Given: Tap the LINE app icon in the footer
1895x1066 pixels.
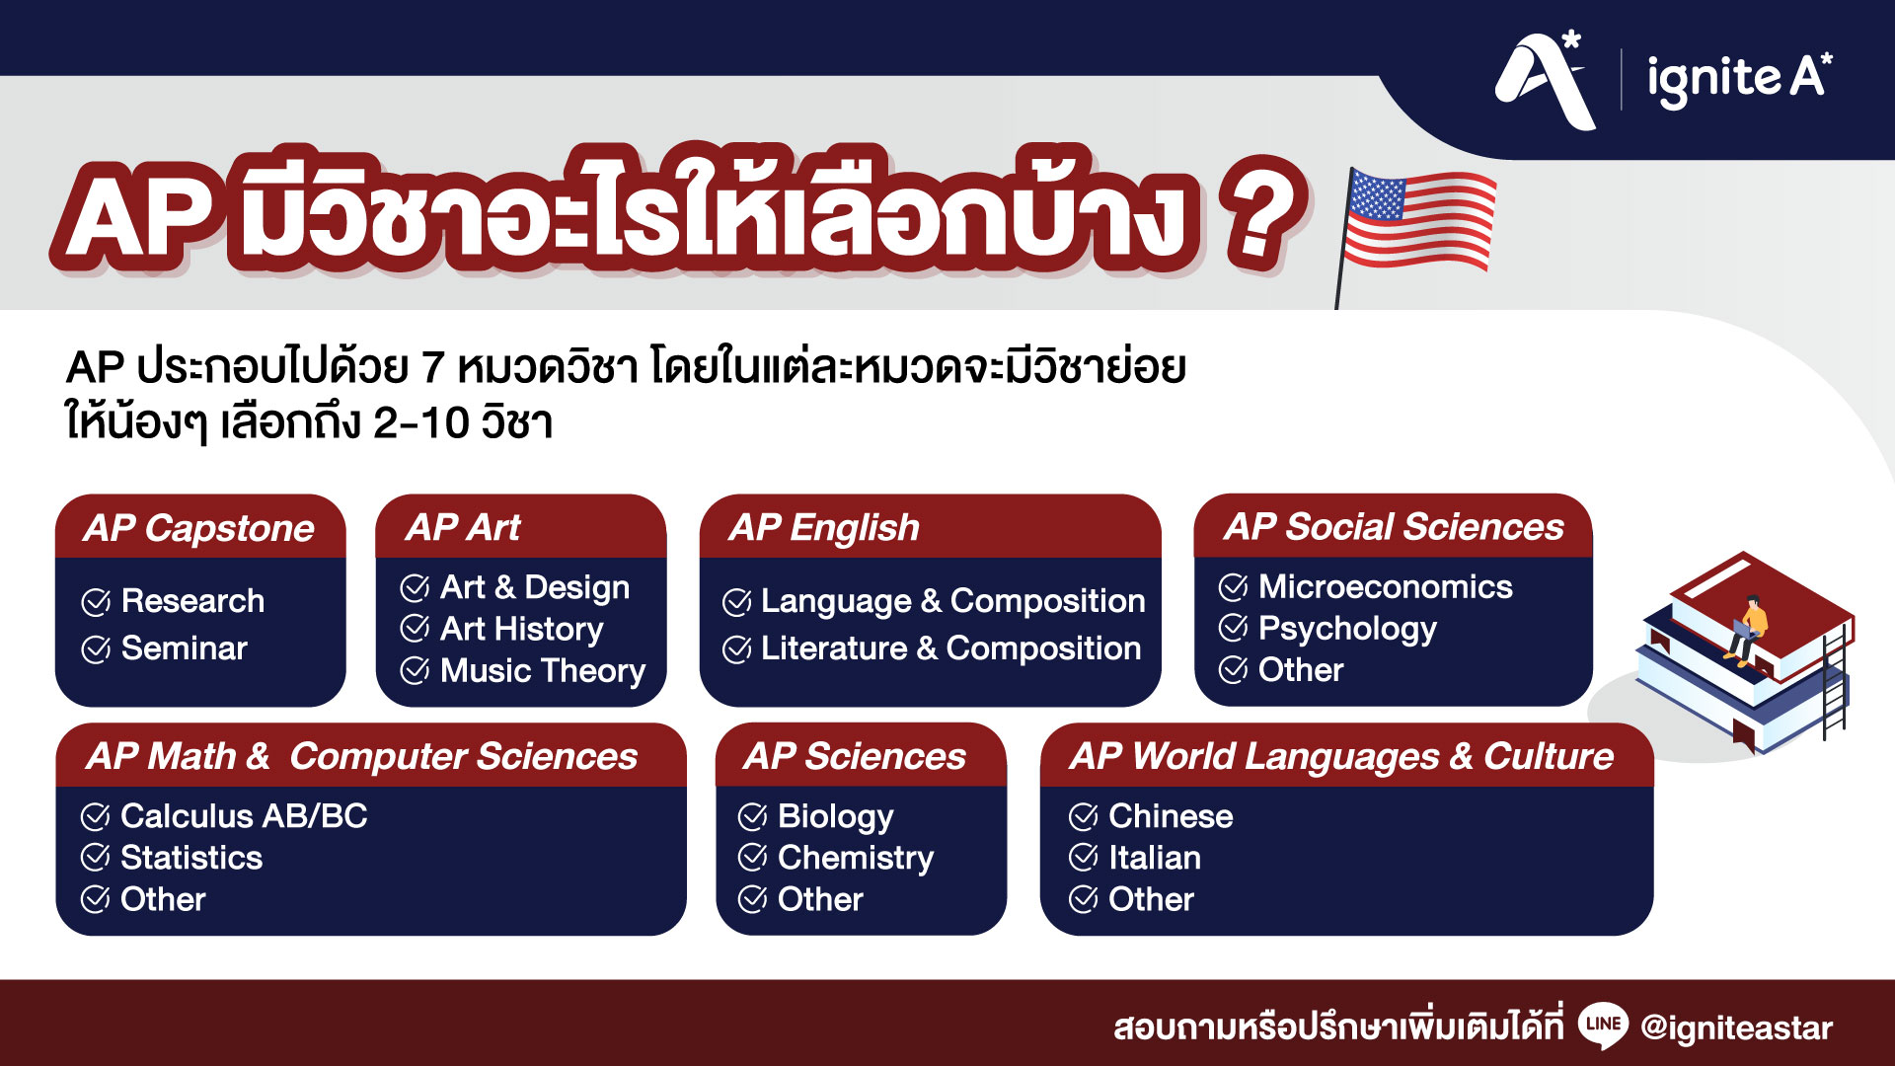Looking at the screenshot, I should [1602, 1026].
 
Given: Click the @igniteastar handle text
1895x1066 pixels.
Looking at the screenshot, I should [1736, 1028].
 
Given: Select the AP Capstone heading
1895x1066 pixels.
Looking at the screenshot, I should [199, 528].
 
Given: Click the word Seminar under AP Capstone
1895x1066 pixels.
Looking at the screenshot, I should [184, 648].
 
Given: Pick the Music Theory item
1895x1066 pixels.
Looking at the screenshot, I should [542, 671].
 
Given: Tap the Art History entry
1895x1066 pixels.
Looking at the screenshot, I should [521, 629].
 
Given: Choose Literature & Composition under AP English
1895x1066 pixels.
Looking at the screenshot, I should [950, 648].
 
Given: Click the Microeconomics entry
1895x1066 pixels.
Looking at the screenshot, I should [1385, 587].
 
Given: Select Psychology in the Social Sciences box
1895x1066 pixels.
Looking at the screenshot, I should [1347, 629].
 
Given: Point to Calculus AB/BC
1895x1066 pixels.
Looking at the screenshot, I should [244, 816].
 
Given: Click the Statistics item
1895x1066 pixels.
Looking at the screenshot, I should [191, 858].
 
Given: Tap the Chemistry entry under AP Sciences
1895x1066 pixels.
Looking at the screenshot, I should [855, 858].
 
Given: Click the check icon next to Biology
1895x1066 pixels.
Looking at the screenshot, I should [753, 816].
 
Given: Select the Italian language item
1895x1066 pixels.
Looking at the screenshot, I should [1154, 858].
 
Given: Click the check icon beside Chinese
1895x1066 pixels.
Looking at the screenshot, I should [1084, 816].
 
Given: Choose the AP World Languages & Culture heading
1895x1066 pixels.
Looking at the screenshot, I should [1341, 757].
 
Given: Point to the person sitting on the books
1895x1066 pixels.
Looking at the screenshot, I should [1750, 626].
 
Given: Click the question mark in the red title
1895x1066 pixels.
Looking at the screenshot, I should [1259, 215].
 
